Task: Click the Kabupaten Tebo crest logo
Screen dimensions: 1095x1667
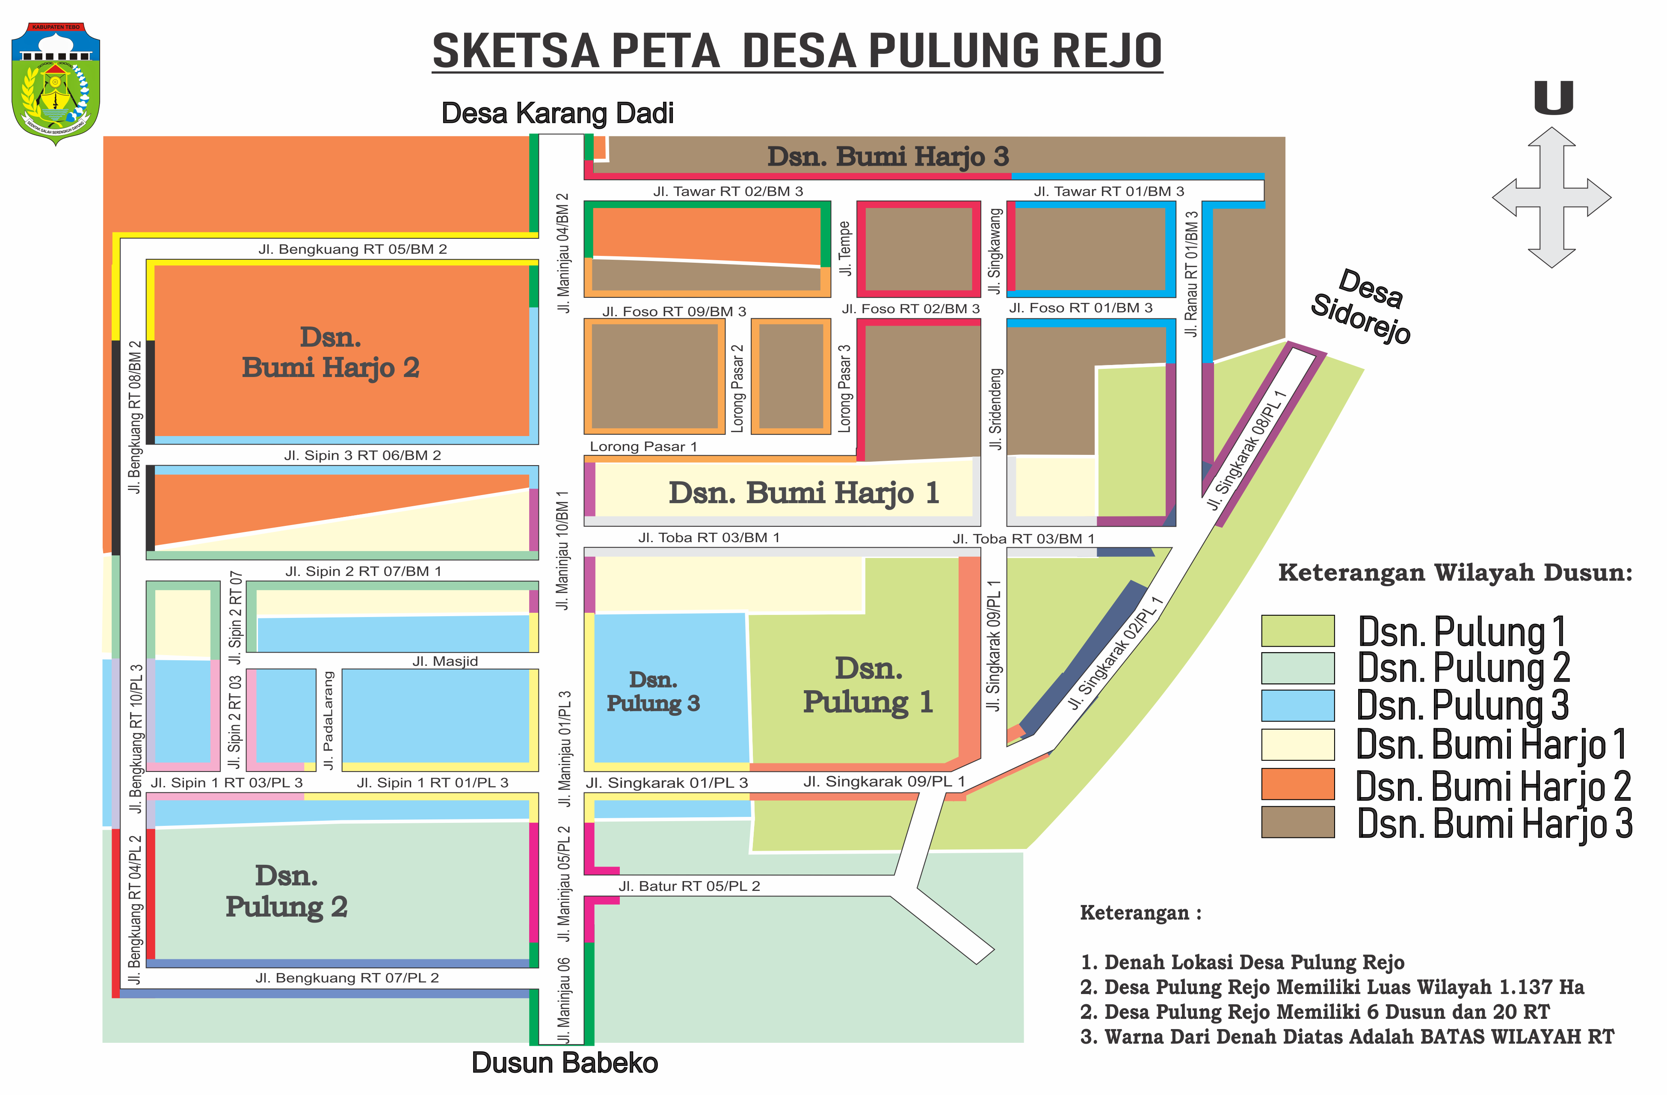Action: click(x=56, y=83)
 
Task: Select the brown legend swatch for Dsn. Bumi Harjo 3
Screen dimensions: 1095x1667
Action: click(x=1297, y=822)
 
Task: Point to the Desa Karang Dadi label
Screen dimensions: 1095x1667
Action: click(x=557, y=113)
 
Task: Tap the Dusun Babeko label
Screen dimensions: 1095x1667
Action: click(x=565, y=1063)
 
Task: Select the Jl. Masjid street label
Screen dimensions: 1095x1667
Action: click(x=445, y=662)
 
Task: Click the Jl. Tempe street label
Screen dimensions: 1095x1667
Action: click(x=845, y=249)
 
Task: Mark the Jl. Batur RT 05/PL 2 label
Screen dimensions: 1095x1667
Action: click(x=689, y=886)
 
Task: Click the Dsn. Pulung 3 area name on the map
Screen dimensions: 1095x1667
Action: click(x=653, y=691)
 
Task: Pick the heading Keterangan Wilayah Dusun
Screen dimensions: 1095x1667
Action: click(x=1455, y=573)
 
